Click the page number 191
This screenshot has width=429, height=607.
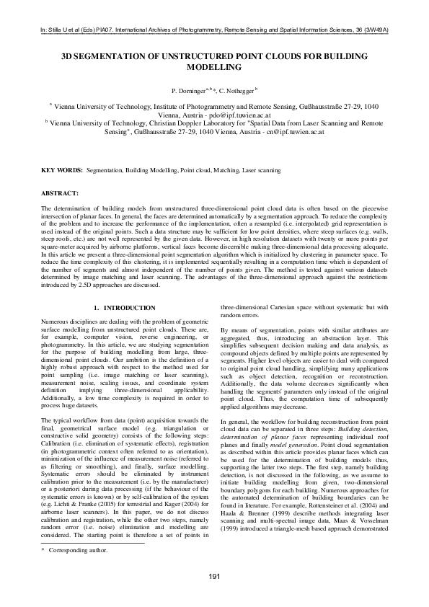pos(214,575)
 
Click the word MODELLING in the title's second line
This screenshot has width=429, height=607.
pos(214,66)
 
